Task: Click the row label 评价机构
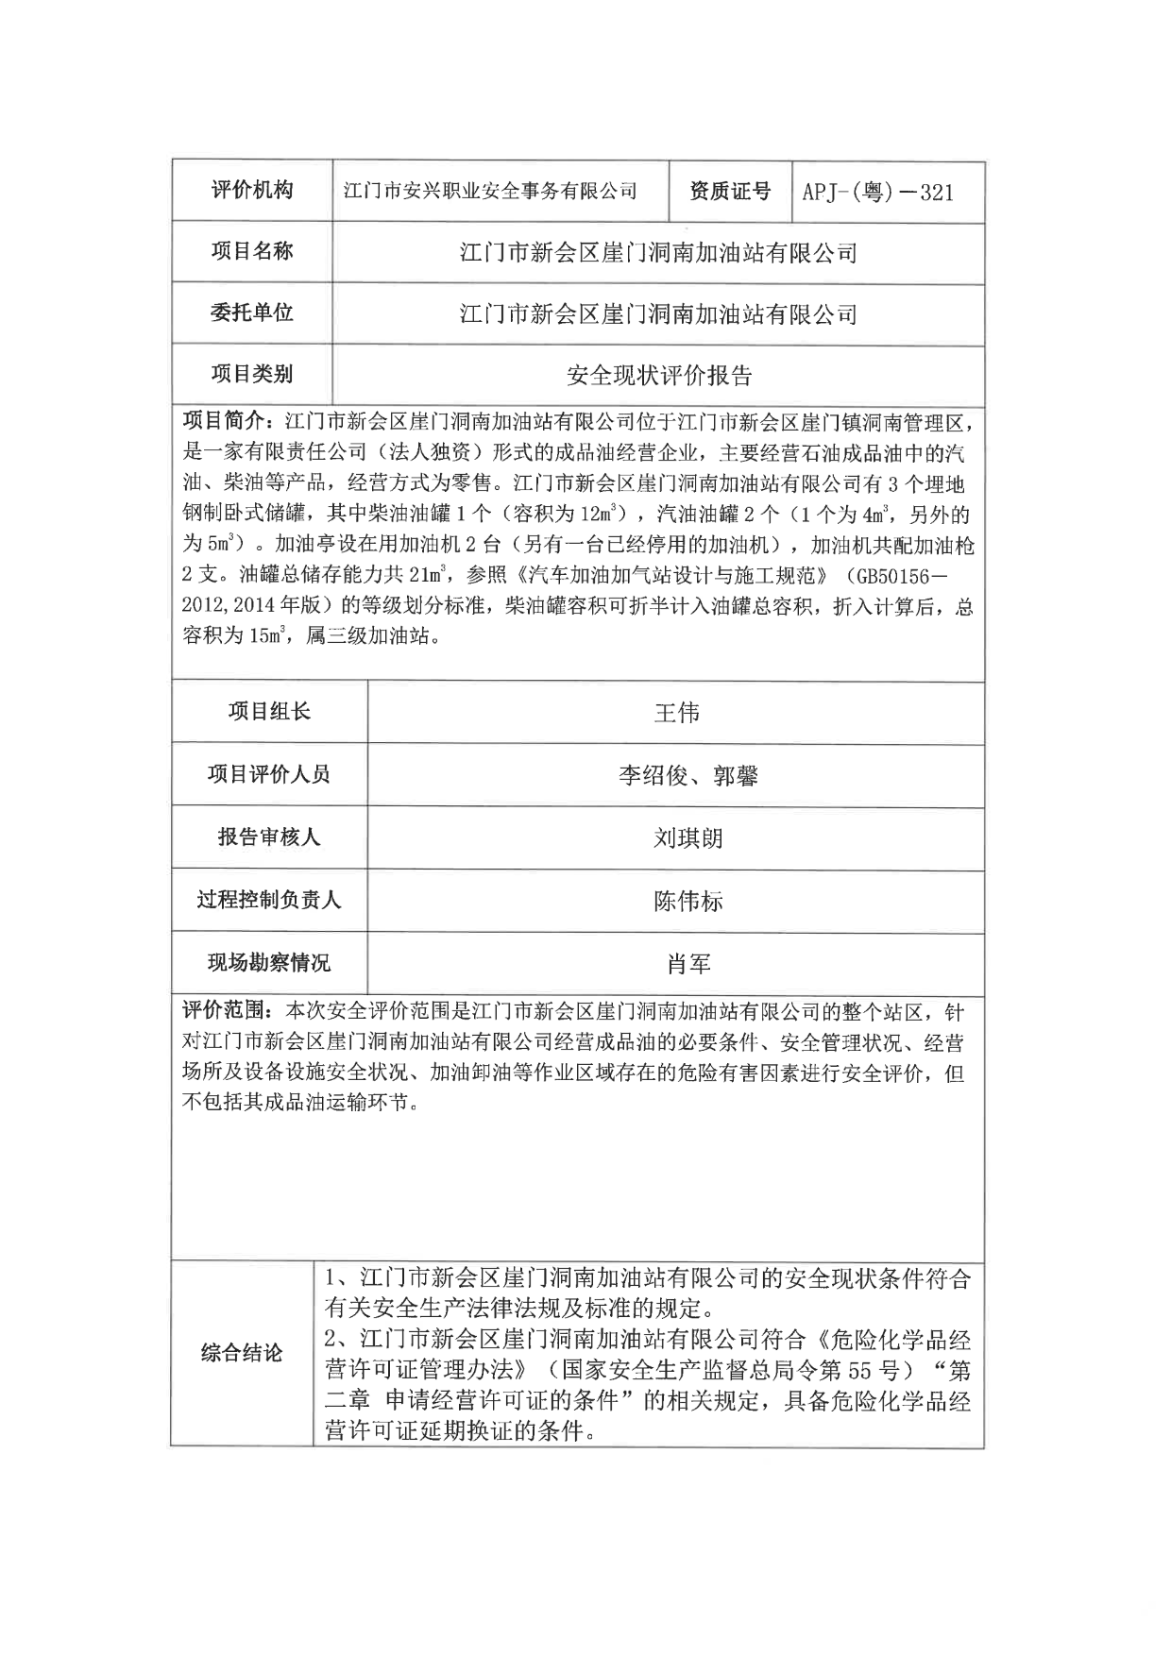(x=251, y=191)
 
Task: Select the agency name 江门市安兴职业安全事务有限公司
(x=490, y=192)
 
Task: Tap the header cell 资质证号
(x=729, y=192)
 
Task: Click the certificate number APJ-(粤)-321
(x=877, y=193)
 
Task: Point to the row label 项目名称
(x=251, y=251)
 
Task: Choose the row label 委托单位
(x=251, y=313)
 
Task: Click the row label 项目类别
(x=251, y=374)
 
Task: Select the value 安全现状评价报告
(x=658, y=376)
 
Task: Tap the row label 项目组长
(x=269, y=712)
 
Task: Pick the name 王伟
(x=676, y=713)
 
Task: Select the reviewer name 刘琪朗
(x=687, y=838)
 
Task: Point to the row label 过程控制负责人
(x=269, y=900)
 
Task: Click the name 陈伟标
(x=687, y=902)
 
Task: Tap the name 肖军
(x=687, y=964)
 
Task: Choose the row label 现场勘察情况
(x=269, y=963)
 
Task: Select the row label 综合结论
(x=242, y=1353)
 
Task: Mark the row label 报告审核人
(x=269, y=837)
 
